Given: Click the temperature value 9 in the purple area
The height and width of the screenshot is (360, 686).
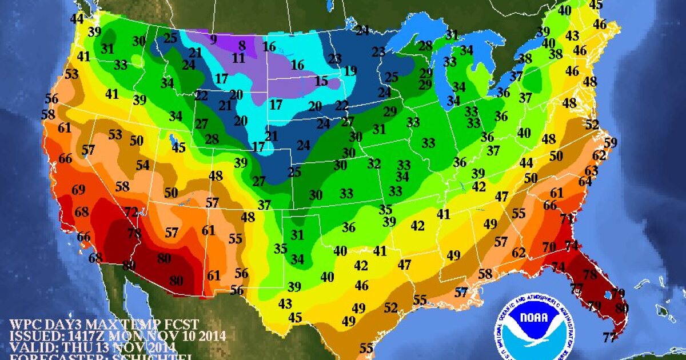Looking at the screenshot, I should coord(213,39).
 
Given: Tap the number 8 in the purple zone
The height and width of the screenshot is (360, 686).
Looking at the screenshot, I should coord(242,45).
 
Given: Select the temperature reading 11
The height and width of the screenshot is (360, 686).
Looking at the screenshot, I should coord(238,58).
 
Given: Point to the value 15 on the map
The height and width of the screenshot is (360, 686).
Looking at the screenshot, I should coord(321,82).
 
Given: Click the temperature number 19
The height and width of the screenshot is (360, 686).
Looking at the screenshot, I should coord(350,71).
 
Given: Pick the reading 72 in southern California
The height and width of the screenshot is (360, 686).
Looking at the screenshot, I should coord(131,213).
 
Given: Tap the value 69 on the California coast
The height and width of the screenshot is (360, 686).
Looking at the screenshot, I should coord(78,190).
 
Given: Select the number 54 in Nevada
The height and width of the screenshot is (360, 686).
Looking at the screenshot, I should coord(142,165).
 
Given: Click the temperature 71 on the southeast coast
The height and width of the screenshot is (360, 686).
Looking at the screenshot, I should coord(567,219).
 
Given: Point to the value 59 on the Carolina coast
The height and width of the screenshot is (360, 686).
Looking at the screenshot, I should coord(611,142).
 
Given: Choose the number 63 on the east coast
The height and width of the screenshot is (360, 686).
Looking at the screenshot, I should coord(591,170).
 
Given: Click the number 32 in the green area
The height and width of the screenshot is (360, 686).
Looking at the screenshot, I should coord(374,164).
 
